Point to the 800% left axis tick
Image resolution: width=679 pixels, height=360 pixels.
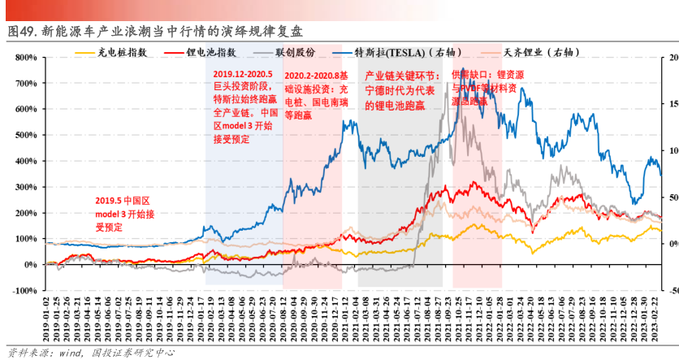24,58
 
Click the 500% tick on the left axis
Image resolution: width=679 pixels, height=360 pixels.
24,135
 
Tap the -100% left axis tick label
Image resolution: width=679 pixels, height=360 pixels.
22,290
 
